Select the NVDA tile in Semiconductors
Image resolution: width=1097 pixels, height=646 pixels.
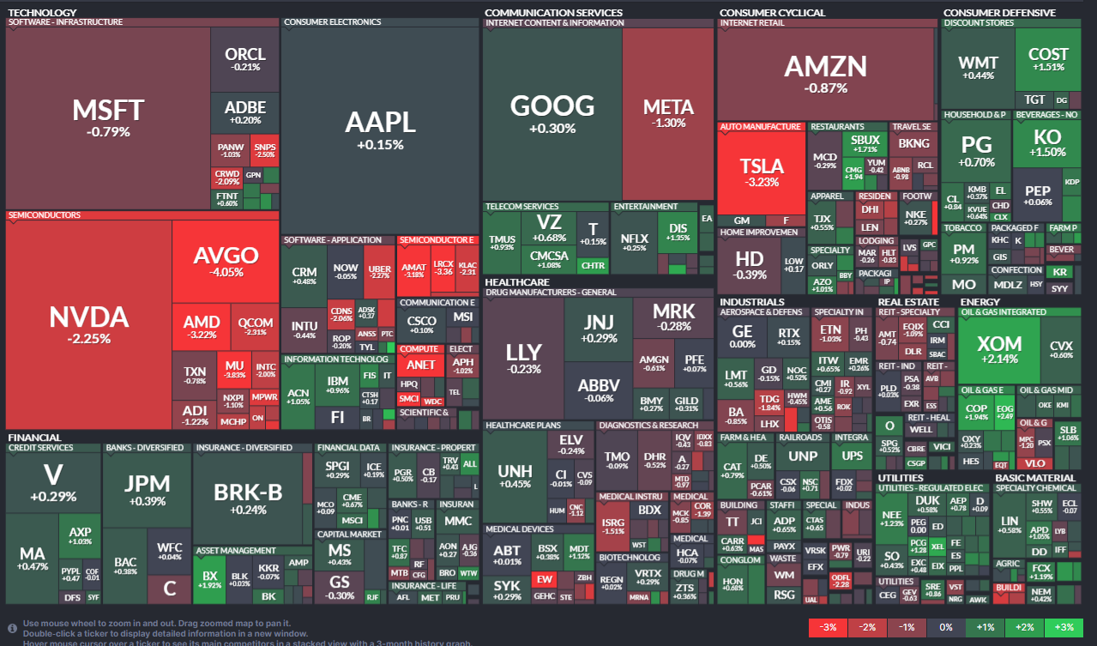point(88,324)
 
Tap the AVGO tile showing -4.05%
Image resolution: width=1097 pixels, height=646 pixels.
point(226,261)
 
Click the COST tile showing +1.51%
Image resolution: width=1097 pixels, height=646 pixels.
point(1048,59)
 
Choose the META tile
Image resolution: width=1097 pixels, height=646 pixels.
point(668,112)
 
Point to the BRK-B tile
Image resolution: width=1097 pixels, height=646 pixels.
point(249,498)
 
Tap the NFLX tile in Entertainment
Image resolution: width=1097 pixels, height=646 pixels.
point(634,242)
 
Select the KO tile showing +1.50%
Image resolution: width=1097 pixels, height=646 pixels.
point(1047,142)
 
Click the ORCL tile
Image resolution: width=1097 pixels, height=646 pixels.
point(245,59)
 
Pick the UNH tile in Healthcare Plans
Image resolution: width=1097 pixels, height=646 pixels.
point(515,476)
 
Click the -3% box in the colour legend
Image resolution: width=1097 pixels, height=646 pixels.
point(827,627)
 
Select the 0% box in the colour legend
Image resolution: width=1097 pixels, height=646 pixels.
point(944,627)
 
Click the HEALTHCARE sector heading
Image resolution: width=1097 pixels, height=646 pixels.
point(517,281)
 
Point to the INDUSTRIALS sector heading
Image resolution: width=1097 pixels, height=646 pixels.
point(751,302)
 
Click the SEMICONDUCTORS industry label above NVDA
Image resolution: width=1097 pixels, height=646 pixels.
point(45,215)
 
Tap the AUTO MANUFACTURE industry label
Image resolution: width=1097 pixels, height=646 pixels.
point(760,127)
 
